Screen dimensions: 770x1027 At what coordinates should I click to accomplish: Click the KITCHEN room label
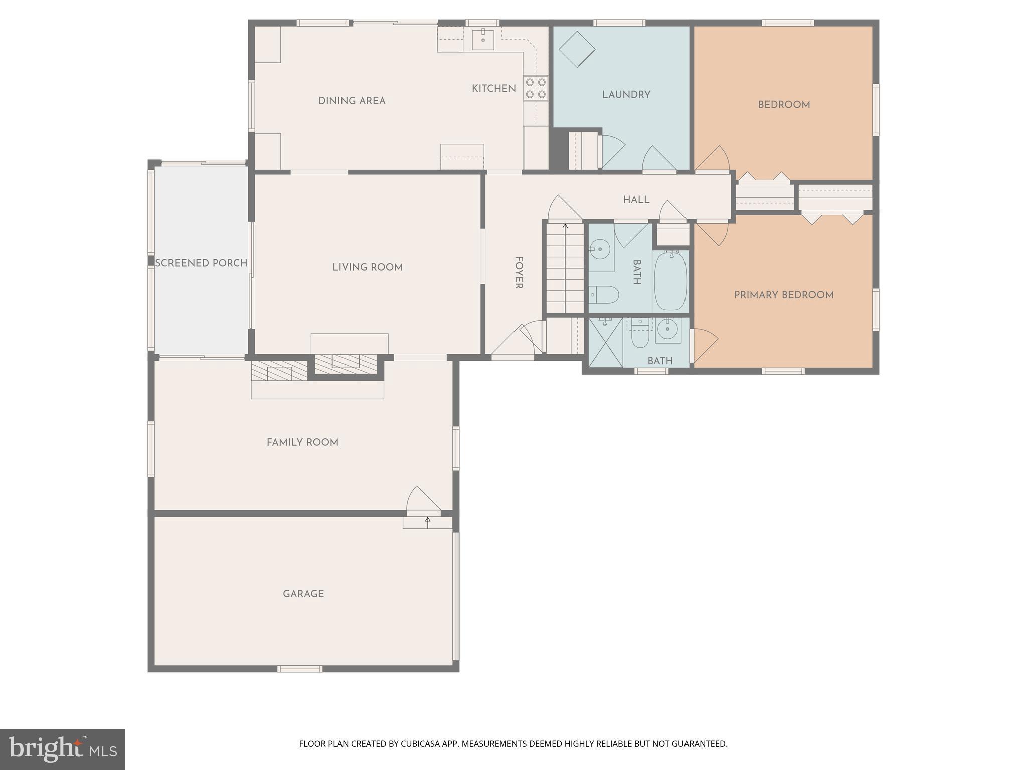493,89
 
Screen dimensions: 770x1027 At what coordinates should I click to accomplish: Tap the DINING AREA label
352,101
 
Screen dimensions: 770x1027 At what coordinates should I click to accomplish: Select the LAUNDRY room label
626,95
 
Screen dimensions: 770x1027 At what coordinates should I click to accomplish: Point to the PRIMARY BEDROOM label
783,295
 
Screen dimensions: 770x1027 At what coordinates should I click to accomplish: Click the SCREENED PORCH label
201,263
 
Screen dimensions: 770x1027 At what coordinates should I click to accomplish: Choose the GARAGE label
303,594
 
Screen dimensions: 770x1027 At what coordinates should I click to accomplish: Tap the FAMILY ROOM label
302,442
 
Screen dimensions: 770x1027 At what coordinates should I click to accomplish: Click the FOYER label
519,273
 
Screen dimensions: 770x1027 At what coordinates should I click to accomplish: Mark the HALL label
636,200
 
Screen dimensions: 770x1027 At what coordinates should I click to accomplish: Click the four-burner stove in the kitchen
536,88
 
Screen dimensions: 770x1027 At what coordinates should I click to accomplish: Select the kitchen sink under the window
483,40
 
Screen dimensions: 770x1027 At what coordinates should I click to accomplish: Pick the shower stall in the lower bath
605,342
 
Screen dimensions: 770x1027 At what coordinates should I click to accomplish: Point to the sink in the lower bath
668,330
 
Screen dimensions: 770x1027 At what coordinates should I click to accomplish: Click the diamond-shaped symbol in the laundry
577,49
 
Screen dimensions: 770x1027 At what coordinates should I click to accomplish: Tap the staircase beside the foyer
565,268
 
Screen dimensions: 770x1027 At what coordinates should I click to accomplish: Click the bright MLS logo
63,749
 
